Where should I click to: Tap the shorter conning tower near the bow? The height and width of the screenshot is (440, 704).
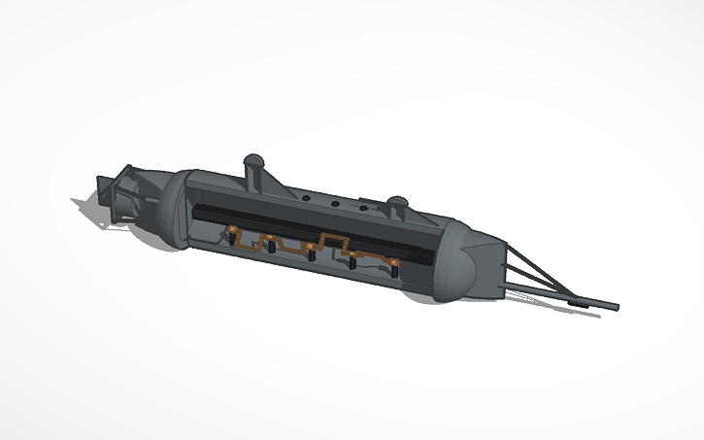(x=396, y=206)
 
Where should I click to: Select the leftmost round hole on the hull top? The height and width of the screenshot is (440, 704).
(x=306, y=196)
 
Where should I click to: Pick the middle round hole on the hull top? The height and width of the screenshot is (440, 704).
(x=334, y=204)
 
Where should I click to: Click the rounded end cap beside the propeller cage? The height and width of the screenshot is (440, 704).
(x=173, y=208)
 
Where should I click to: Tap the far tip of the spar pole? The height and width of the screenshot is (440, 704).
(x=616, y=308)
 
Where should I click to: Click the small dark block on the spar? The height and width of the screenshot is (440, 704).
(x=579, y=302)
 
